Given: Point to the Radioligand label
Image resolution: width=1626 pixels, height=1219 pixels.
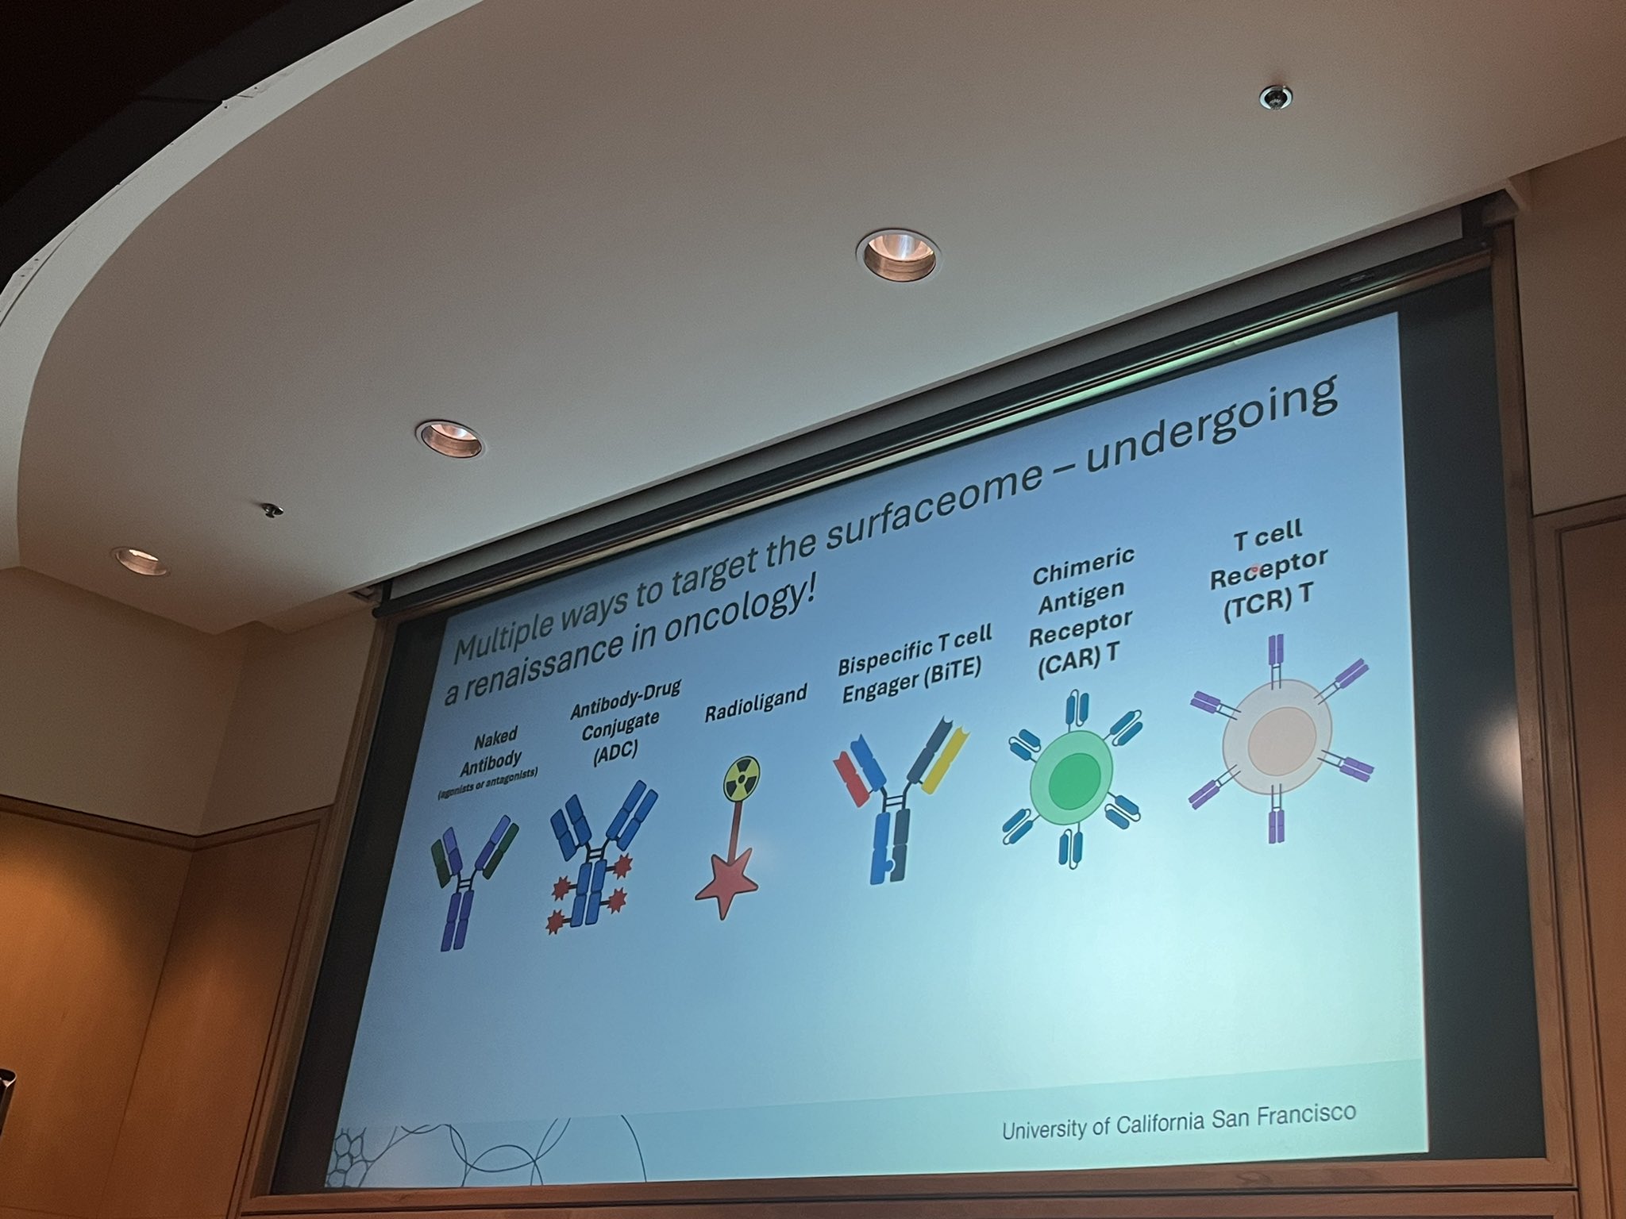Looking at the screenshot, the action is pos(755,703).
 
